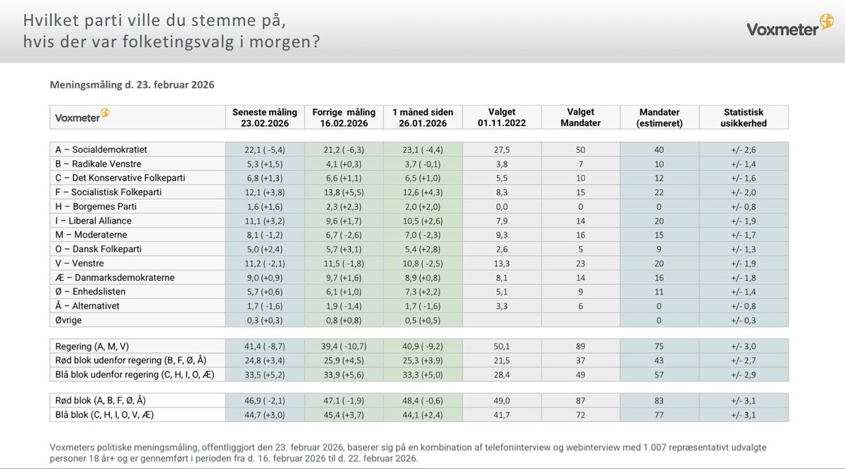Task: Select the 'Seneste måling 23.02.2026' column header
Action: click(x=265, y=117)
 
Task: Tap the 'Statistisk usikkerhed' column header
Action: click(x=744, y=117)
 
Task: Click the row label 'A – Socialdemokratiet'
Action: click(x=101, y=150)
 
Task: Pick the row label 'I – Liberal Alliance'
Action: click(x=94, y=221)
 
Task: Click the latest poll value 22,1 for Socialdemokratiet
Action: click(x=265, y=150)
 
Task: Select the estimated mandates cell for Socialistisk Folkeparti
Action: click(x=658, y=192)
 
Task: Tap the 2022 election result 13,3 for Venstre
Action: click(x=501, y=263)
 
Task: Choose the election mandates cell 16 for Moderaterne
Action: click(x=580, y=235)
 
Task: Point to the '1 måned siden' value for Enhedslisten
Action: click(x=423, y=292)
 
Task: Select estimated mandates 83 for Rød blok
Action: click(x=658, y=400)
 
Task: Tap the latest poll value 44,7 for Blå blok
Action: click(x=265, y=414)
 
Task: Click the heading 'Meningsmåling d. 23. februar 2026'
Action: click(x=132, y=84)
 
